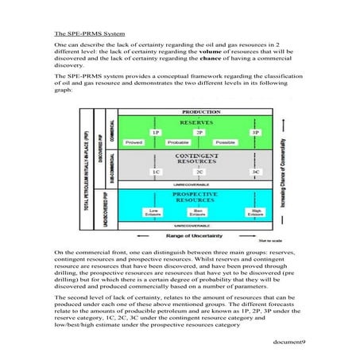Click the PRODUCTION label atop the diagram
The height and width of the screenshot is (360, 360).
click(179, 112)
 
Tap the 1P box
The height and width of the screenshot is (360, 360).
click(156, 132)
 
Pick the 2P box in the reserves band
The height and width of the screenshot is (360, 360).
click(199, 132)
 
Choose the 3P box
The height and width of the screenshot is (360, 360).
click(255, 132)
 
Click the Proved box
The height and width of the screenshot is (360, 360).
click(156, 141)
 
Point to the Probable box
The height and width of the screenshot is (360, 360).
click(199, 141)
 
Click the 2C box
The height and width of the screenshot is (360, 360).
click(199, 171)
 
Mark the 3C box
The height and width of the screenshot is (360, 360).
click(255, 171)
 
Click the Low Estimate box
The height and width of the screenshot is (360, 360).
click(152, 212)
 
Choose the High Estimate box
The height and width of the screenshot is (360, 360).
click(255, 212)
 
